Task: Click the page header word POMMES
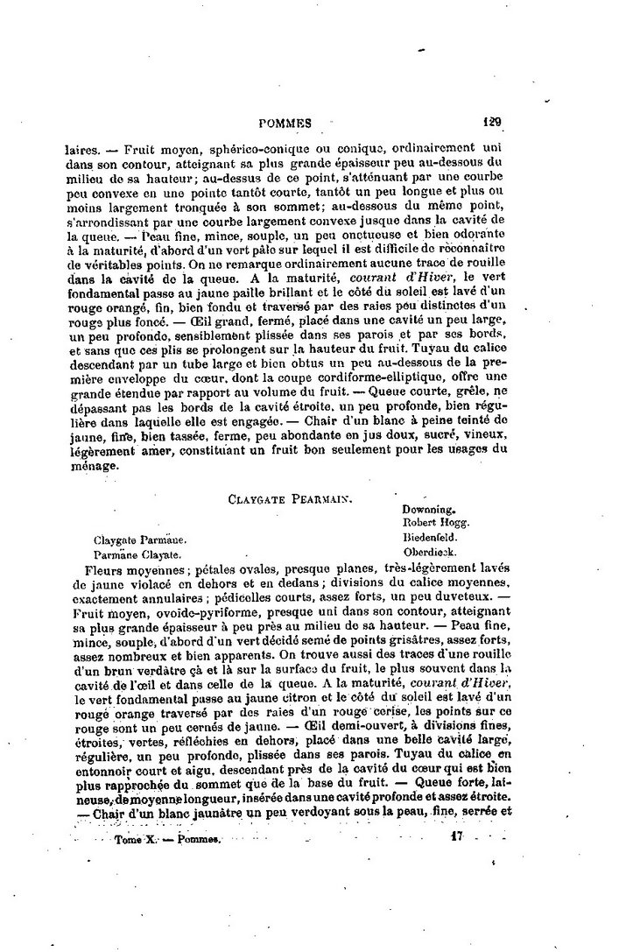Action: tap(285, 124)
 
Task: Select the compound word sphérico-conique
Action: tap(246, 150)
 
